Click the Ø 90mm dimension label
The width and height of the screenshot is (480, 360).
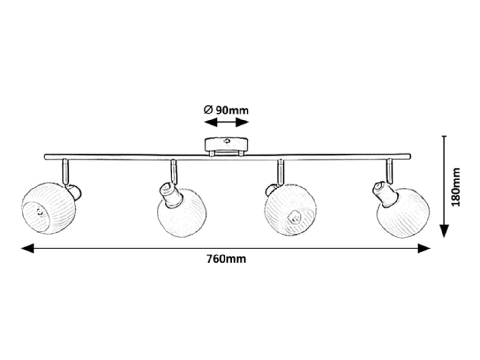point(226,111)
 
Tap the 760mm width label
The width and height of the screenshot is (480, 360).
point(226,259)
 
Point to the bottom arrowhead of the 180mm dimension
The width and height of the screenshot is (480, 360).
point(444,231)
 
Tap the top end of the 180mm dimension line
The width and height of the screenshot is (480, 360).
point(444,136)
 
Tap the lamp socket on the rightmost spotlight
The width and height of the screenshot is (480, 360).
point(382,192)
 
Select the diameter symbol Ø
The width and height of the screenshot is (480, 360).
point(209,111)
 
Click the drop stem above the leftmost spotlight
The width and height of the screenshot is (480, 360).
point(66,171)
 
